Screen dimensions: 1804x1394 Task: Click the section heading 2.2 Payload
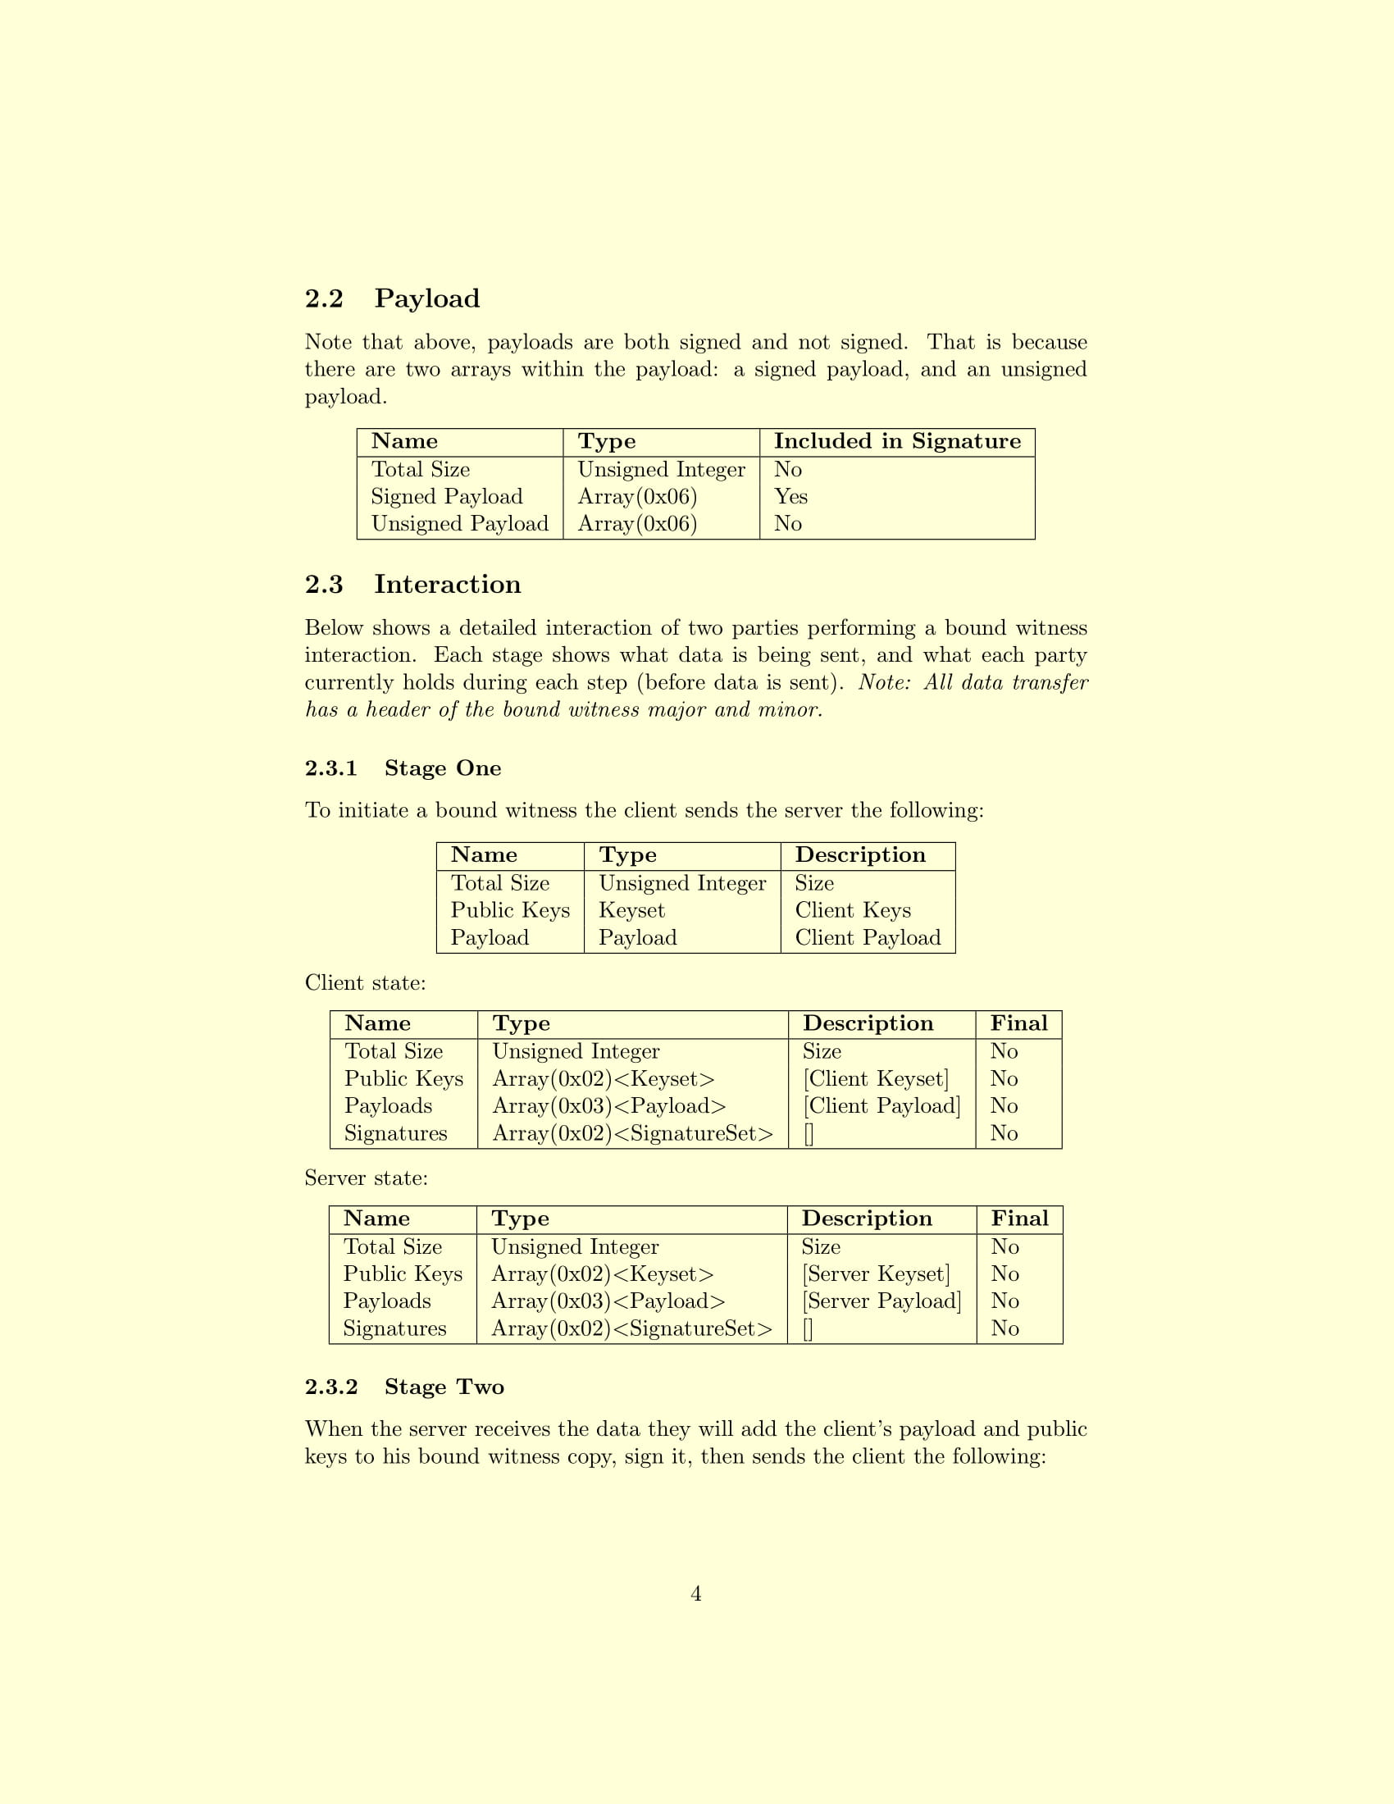click(x=392, y=298)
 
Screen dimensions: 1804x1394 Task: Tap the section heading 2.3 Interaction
click(x=413, y=584)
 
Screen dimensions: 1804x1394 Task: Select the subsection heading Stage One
click(x=403, y=768)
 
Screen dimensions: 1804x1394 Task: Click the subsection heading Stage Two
click(x=404, y=1387)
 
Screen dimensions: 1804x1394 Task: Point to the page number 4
click(x=696, y=1593)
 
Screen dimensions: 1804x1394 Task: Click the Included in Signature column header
click(x=897, y=441)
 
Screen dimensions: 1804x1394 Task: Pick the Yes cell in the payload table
click(x=790, y=496)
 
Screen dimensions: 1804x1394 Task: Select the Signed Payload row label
click(x=447, y=496)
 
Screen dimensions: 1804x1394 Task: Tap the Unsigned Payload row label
click(x=459, y=524)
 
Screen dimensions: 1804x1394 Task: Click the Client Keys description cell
click(x=852, y=910)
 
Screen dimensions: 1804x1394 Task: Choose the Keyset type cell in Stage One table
click(x=631, y=910)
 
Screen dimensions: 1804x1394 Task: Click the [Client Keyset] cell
click(x=876, y=1079)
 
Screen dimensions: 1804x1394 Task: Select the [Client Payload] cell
click(x=881, y=1106)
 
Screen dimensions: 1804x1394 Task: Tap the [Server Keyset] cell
click(x=876, y=1273)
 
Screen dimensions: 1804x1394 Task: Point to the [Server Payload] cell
click(x=881, y=1301)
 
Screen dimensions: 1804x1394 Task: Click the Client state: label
click(x=365, y=983)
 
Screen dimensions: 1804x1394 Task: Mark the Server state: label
click(x=366, y=1178)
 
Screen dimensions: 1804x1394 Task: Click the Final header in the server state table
click(x=1019, y=1219)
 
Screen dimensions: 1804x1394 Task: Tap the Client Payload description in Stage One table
click(x=867, y=937)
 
